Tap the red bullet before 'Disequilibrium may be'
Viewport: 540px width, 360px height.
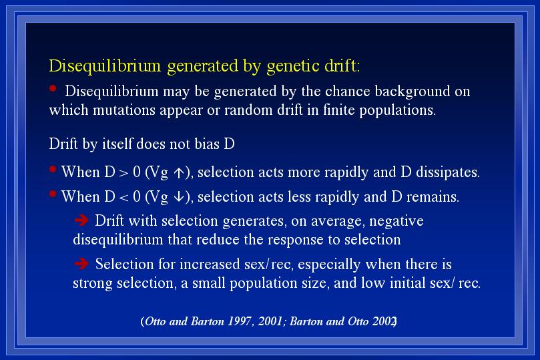coord(53,89)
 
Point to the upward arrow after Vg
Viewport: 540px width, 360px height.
coord(179,172)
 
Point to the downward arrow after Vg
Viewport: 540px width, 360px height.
coord(179,197)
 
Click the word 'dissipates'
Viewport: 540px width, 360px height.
coord(448,172)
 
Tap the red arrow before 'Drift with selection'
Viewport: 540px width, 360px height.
coord(81,220)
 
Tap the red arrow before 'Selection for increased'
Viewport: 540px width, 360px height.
coord(81,264)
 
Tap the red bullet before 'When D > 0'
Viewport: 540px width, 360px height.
coord(53,169)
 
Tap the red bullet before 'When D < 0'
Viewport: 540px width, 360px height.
coord(53,194)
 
